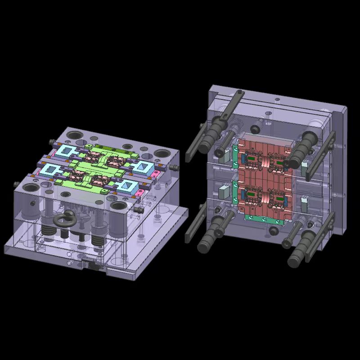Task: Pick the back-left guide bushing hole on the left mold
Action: pyautogui.click(x=75, y=135)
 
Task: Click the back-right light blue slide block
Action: pyautogui.click(x=144, y=166)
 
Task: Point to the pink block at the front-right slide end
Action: pyautogui.click(x=140, y=193)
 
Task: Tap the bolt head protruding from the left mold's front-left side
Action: pyautogui.click(x=17, y=184)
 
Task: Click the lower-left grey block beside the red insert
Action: pyautogui.click(x=225, y=191)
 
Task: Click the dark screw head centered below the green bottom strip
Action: pyautogui.click(x=273, y=231)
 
